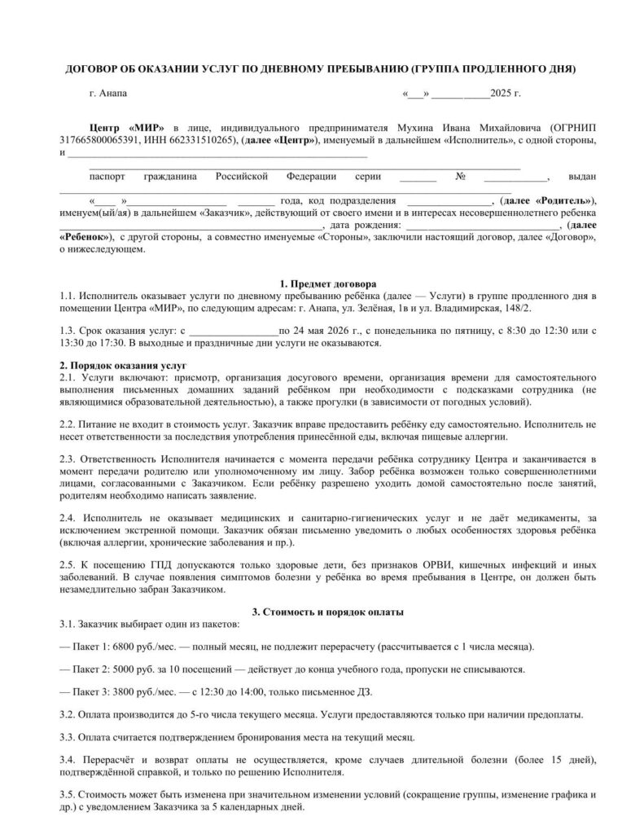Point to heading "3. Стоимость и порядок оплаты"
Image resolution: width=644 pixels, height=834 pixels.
point(322,611)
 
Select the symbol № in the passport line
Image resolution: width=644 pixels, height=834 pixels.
point(460,176)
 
